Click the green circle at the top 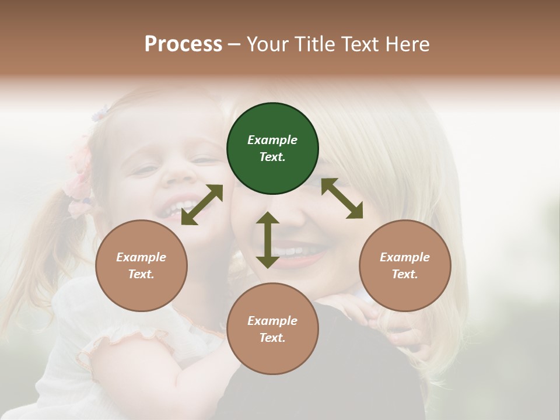coord(272,148)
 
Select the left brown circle coord(141,265)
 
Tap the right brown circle coord(405,265)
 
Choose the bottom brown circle coord(272,329)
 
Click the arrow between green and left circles coord(202,205)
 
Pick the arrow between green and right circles coord(342,198)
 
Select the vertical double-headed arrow coord(268,240)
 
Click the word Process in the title coord(183,44)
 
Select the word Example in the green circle coord(272,140)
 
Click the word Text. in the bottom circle coord(272,338)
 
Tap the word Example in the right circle coord(405,257)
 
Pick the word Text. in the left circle coord(141,274)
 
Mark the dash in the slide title coord(235,44)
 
